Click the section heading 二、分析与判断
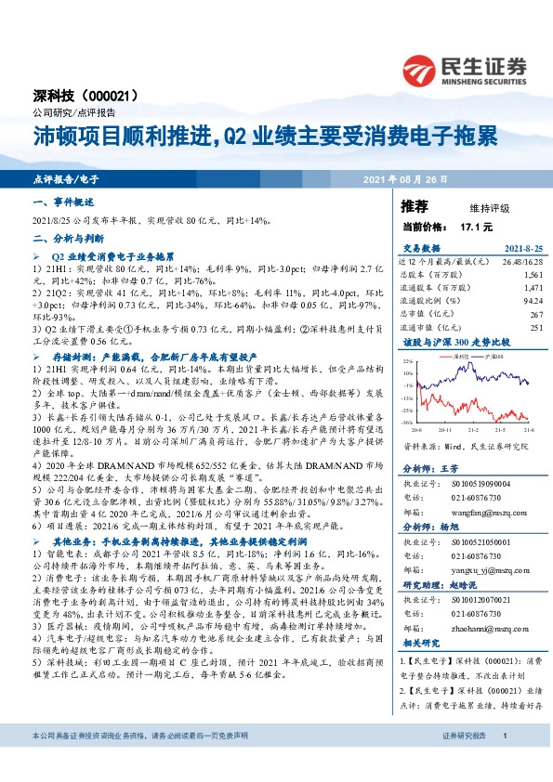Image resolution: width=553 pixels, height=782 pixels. (62, 237)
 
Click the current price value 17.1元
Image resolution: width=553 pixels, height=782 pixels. (467, 226)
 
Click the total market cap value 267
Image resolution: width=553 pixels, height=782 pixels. (536, 313)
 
